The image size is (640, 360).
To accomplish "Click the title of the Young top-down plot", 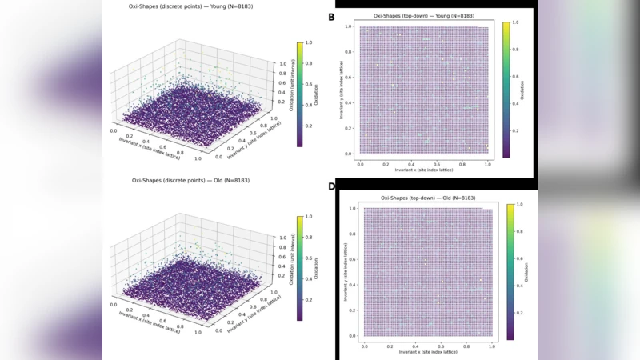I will click(x=422, y=17).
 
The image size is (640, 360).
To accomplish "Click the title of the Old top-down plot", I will click(x=424, y=198).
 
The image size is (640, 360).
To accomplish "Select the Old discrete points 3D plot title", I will click(x=190, y=181).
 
